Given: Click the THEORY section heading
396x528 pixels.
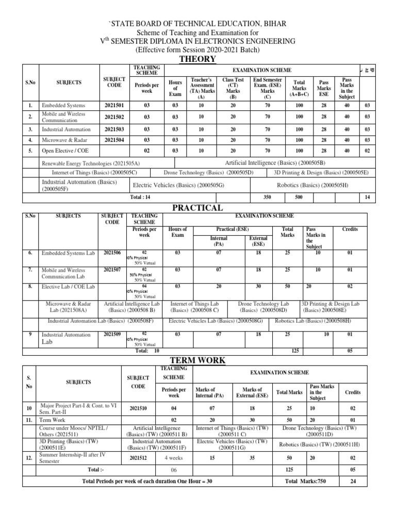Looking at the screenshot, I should tap(197, 59).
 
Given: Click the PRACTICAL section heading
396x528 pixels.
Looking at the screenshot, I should tap(197, 207).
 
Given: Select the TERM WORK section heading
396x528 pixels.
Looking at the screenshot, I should tap(197, 360).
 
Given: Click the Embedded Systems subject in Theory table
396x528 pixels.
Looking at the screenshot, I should tap(63, 105).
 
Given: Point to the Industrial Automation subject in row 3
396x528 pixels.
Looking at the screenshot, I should tap(66, 129).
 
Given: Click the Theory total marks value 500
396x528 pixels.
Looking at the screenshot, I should tap(299, 197).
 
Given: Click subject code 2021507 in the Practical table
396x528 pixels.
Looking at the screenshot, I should tap(112, 269).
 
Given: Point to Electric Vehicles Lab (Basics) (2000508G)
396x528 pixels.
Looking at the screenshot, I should tap(216, 321).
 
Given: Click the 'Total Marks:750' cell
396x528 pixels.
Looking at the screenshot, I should tap(305, 481).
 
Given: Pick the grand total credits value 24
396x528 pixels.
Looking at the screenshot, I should tap(353, 481).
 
